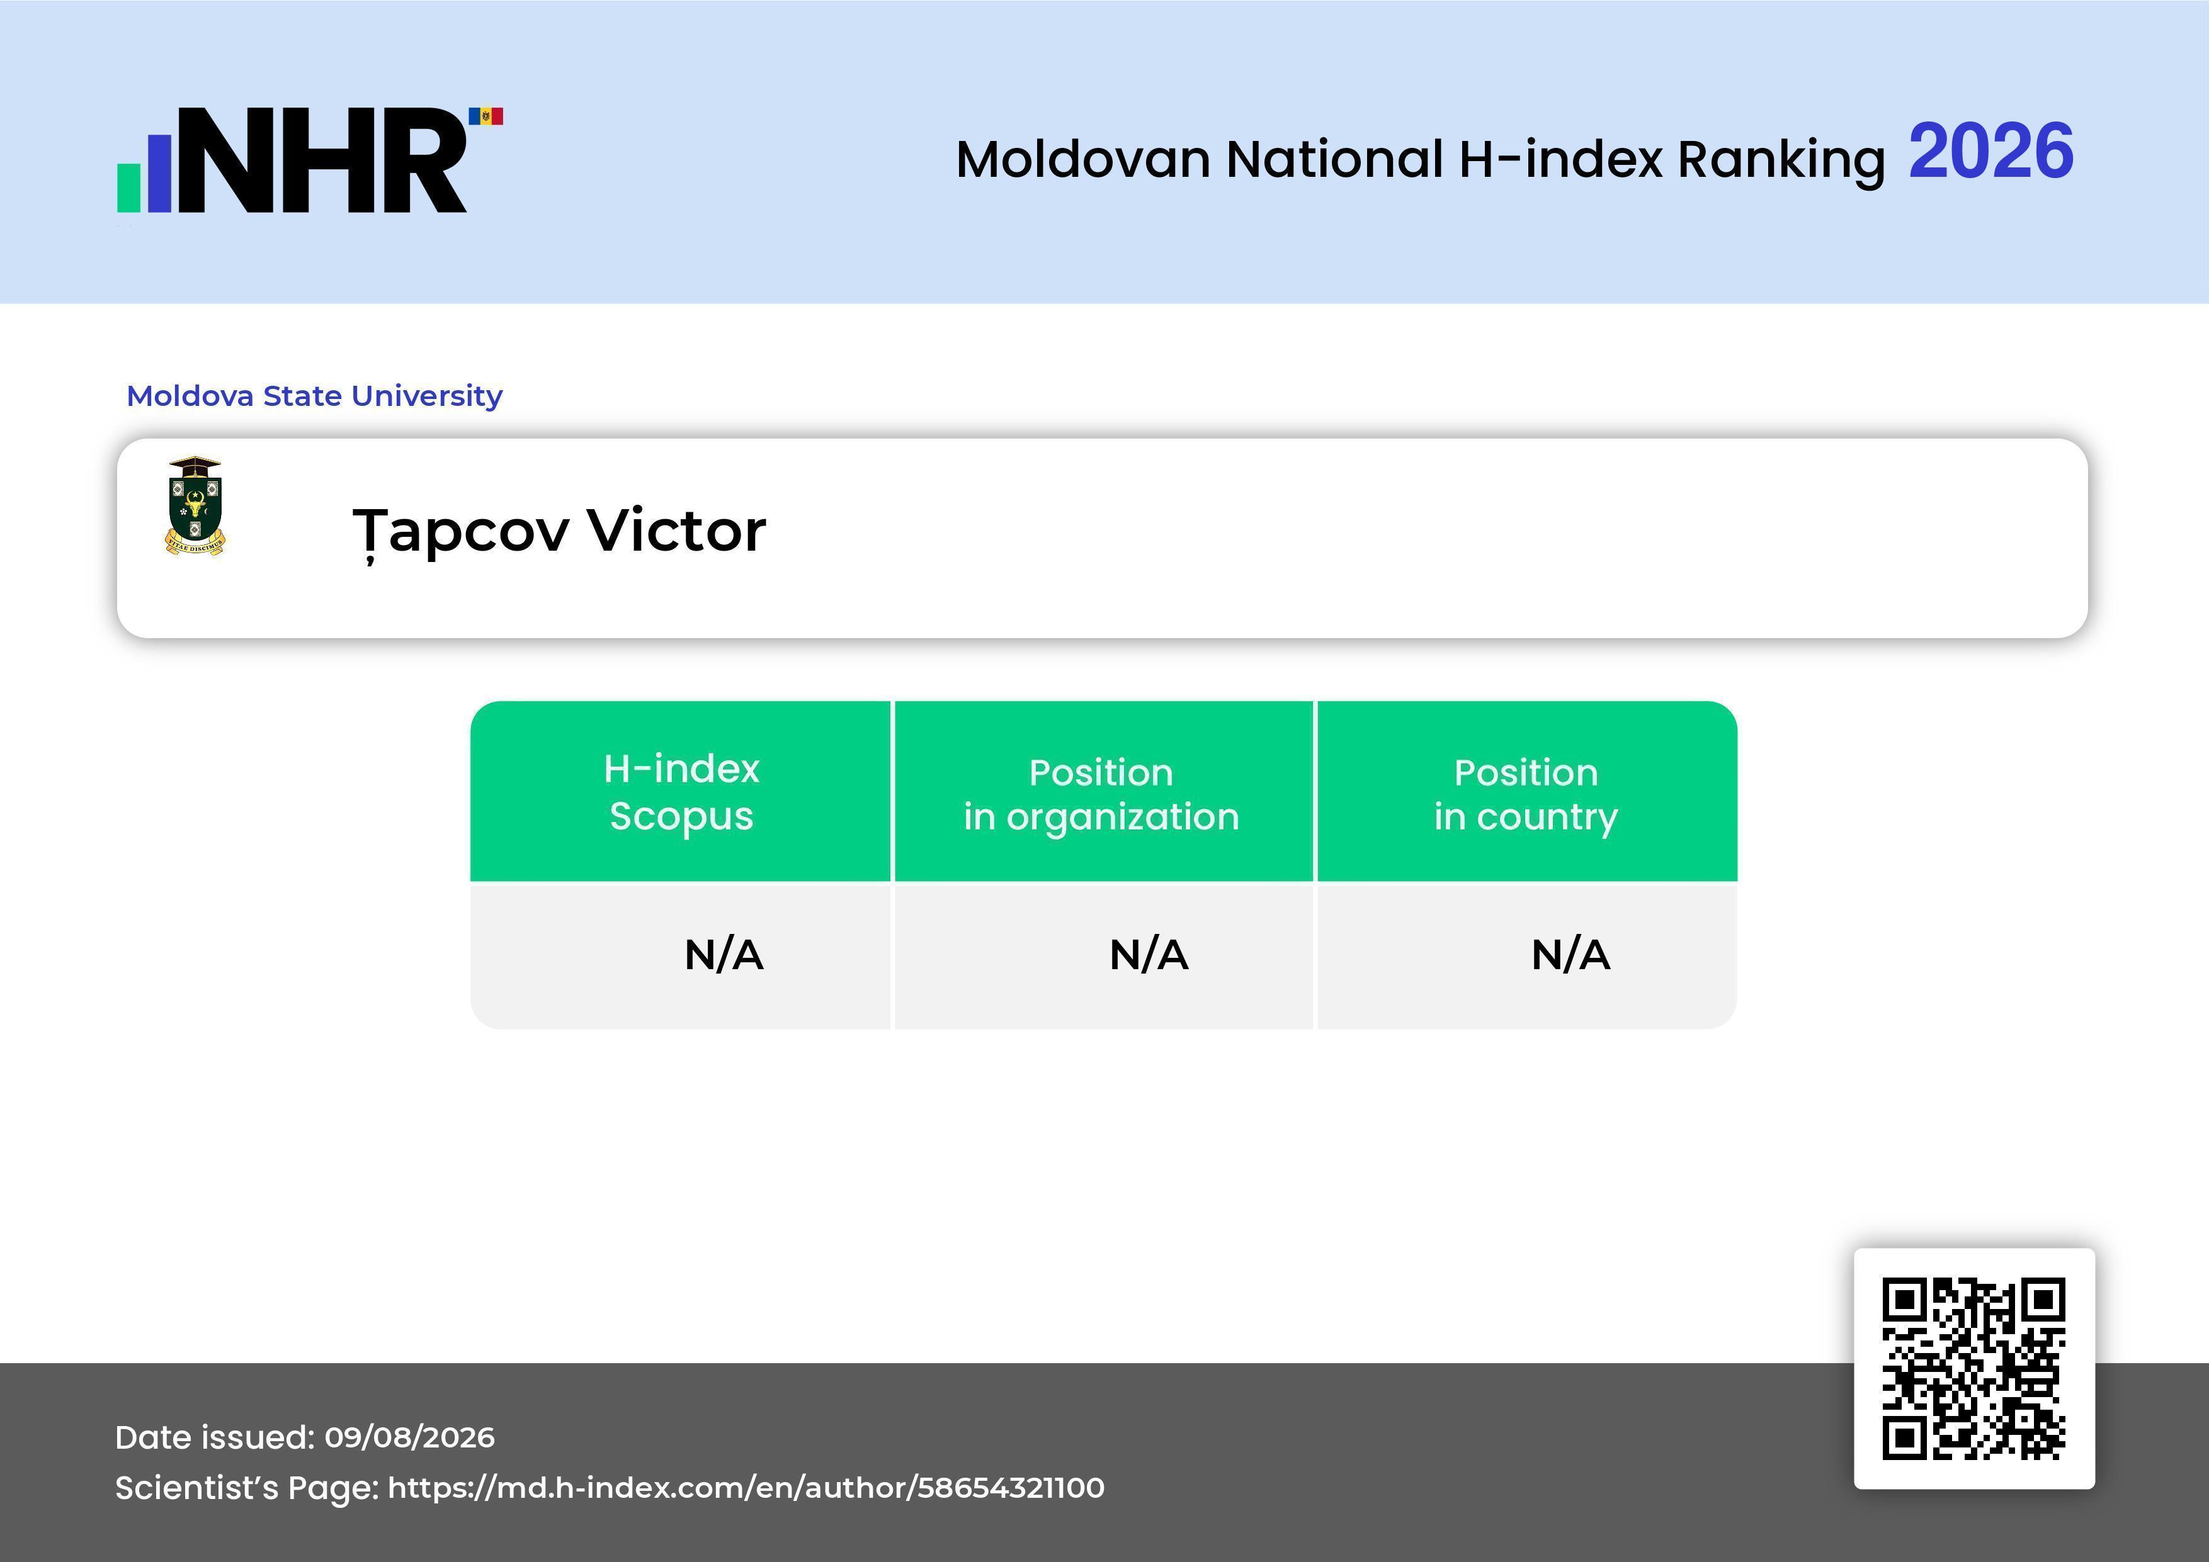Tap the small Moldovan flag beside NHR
(x=486, y=116)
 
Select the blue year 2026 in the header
(x=1990, y=152)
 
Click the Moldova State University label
(x=315, y=395)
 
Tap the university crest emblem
(x=195, y=506)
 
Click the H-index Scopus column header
(x=681, y=792)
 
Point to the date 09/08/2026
(x=410, y=1437)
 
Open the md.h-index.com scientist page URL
(x=746, y=1488)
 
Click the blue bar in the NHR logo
(x=159, y=173)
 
